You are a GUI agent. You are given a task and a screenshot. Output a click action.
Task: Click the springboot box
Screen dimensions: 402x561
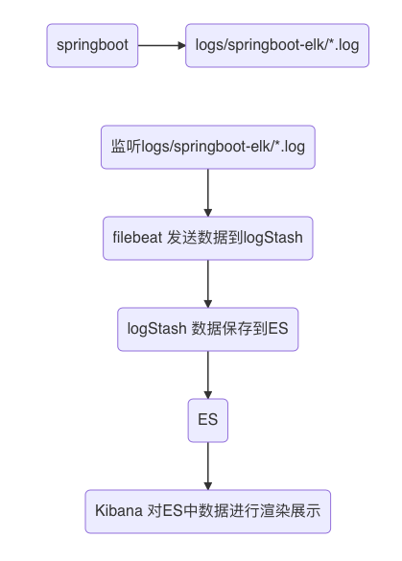92,45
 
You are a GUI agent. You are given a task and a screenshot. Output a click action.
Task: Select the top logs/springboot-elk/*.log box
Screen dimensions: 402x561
277,45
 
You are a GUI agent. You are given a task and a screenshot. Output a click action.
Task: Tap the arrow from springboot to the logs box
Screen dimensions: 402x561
162,45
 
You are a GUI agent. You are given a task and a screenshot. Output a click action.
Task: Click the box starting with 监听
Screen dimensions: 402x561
208,147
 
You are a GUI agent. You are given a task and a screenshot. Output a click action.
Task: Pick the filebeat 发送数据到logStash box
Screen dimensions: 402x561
208,238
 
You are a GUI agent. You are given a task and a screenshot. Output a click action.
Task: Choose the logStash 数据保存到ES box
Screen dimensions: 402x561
208,329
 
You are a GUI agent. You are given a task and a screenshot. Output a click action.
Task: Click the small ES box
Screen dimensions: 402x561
208,420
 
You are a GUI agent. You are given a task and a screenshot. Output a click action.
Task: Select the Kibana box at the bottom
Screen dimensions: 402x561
208,511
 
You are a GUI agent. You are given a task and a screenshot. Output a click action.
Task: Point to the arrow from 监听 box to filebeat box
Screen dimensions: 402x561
208,193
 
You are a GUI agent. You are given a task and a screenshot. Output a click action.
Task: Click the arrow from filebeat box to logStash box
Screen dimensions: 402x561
208,284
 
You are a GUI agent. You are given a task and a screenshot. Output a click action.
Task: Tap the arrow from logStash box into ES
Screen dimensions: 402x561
208,375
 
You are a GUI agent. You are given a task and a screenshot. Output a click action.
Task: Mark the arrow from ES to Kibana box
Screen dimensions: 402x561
208,466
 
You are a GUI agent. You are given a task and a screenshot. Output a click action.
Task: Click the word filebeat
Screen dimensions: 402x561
137,237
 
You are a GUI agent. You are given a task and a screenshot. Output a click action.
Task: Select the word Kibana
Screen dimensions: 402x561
119,510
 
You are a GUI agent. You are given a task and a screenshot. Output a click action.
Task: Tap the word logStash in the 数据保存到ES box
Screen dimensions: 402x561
156,329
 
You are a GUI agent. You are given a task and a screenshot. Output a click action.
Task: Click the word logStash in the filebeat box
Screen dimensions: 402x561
272,238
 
